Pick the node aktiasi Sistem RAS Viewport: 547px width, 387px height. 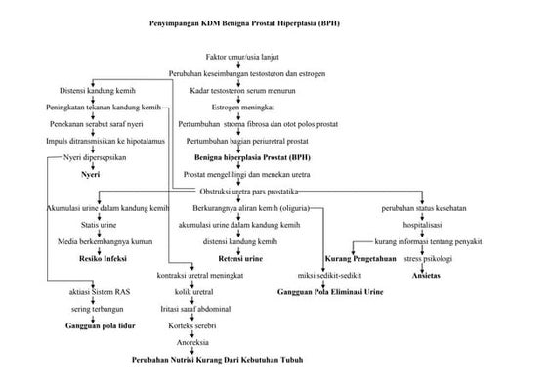96,292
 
